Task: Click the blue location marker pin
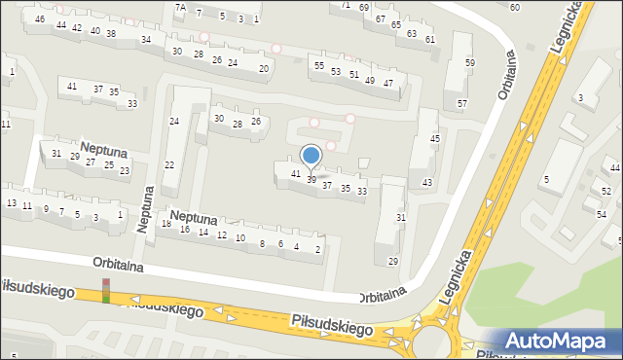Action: pyautogui.click(x=311, y=156)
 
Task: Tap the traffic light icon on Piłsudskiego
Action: pyautogui.click(x=106, y=290)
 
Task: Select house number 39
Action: pyautogui.click(x=311, y=180)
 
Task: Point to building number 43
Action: pyautogui.click(x=426, y=183)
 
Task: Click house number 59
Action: pyautogui.click(x=469, y=63)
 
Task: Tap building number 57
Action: pyautogui.click(x=462, y=103)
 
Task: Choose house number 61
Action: pyautogui.click(x=430, y=39)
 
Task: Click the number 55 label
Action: pyautogui.click(x=318, y=65)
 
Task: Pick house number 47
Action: pyautogui.click(x=388, y=83)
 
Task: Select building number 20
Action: pyautogui.click(x=264, y=68)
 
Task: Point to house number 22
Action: pyautogui.click(x=168, y=165)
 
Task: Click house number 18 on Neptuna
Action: pyautogui.click(x=166, y=225)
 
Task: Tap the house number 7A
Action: pyautogui.click(x=180, y=7)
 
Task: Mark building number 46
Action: pyautogui.click(x=40, y=19)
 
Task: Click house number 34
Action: pyautogui.click(x=146, y=40)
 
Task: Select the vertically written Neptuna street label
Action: pyautogui.click(x=145, y=210)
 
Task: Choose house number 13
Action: pyautogui.click(x=12, y=203)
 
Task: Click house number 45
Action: pyautogui.click(x=435, y=139)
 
